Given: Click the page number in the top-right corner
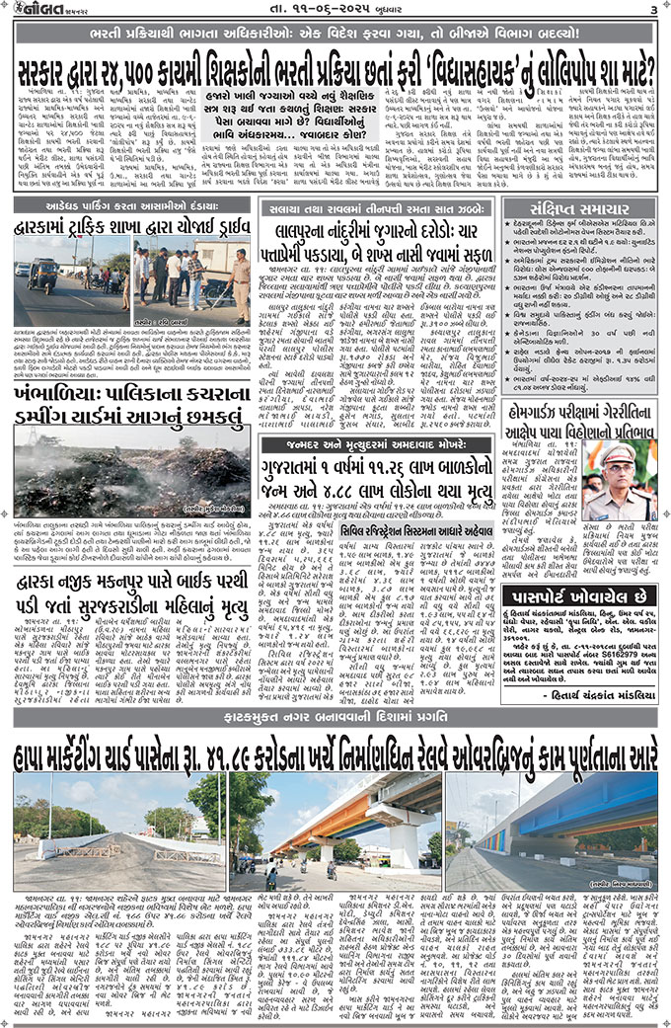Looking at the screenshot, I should [x=653, y=9].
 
